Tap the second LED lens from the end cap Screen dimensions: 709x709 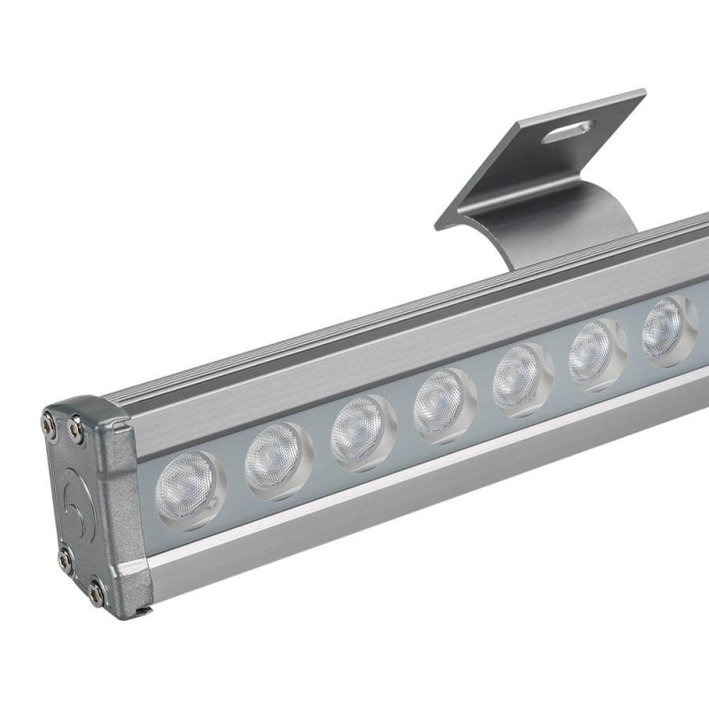point(276,459)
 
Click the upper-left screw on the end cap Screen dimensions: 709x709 point(48,426)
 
